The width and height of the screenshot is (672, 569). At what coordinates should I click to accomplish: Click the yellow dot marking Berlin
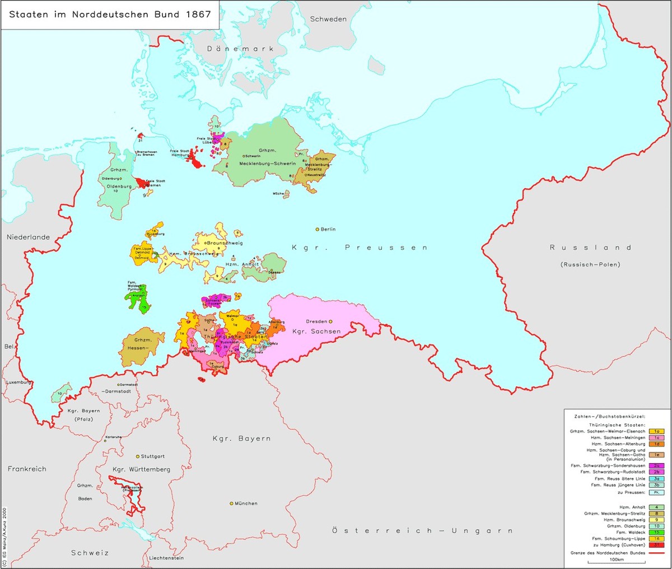pyautogui.click(x=318, y=229)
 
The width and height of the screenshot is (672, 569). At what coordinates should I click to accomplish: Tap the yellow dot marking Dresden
pyautogui.click(x=330, y=321)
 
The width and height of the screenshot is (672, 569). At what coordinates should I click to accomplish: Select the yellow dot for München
pyautogui.click(x=231, y=503)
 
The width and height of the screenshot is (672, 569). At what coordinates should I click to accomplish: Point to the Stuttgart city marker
pyautogui.click(x=138, y=456)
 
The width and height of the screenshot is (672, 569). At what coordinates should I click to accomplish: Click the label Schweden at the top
pyautogui.click(x=328, y=19)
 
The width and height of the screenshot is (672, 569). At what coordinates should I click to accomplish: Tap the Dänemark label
pyautogui.click(x=241, y=49)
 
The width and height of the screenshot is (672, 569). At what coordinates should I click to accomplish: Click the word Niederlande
pyautogui.click(x=28, y=237)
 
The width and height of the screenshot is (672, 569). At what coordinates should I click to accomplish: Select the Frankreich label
pyautogui.click(x=27, y=469)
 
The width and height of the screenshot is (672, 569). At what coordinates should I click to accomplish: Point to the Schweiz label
pyautogui.click(x=90, y=553)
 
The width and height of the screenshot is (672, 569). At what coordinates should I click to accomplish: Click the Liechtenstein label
pyautogui.click(x=166, y=558)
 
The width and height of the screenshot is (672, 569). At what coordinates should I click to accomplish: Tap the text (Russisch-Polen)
pyautogui.click(x=590, y=264)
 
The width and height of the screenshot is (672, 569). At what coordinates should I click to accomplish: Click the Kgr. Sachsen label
pyautogui.click(x=316, y=332)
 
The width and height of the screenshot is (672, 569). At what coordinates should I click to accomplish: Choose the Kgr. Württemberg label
pyautogui.click(x=141, y=469)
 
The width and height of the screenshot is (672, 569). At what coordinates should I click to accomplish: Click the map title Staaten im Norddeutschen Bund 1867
pyautogui.click(x=110, y=15)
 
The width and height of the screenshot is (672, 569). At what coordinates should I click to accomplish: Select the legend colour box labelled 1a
pyautogui.click(x=656, y=431)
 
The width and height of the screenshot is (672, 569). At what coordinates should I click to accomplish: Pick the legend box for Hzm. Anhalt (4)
pyautogui.click(x=656, y=507)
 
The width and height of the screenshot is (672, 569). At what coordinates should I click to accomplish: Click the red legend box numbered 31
pyautogui.click(x=656, y=545)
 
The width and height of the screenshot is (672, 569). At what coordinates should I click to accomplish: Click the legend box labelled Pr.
pyautogui.click(x=656, y=492)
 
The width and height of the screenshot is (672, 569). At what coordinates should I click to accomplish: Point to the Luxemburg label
pyautogui.click(x=18, y=383)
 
